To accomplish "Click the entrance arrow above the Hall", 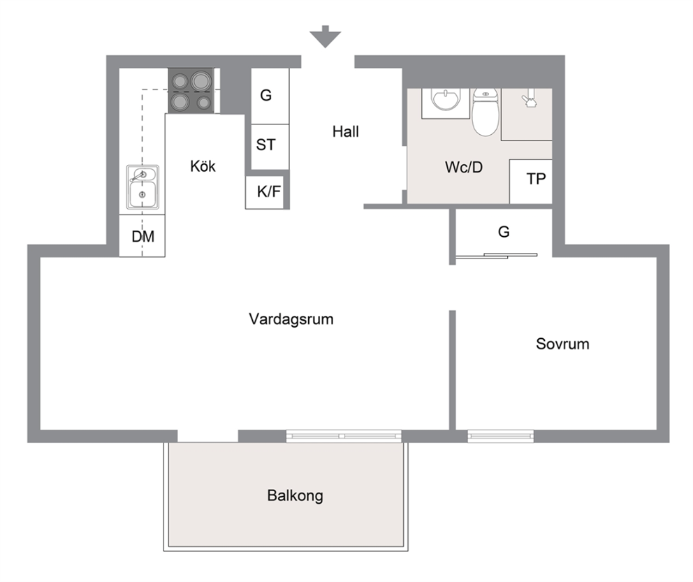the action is [326, 36].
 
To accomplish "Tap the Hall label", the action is [346, 131].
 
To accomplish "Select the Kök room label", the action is [203, 166].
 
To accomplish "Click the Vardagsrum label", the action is [291, 319].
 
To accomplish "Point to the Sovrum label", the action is [562, 344].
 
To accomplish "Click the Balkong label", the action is [296, 496].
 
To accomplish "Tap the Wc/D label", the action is [464, 167].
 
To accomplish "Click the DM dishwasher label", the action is [143, 236].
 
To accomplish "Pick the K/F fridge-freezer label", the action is [269, 191].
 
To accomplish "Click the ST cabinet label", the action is [265, 145].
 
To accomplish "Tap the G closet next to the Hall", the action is [270, 96].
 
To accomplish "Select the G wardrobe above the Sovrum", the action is [504, 231].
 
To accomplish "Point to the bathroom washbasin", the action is [446, 100].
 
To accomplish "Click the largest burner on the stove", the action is [200, 81].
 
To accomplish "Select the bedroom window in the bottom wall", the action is [500, 436].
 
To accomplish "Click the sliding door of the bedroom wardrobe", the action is [496, 256].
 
